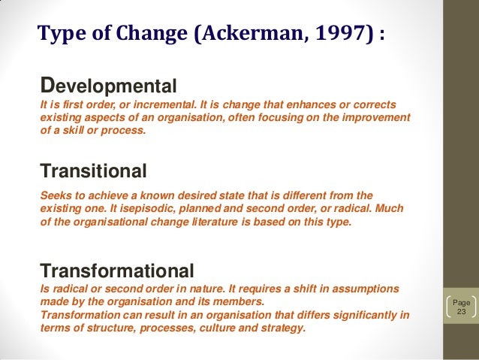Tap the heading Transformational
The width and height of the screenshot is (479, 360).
(x=117, y=270)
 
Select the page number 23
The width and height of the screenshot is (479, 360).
(x=462, y=312)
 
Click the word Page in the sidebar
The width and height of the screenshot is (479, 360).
(x=462, y=302)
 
